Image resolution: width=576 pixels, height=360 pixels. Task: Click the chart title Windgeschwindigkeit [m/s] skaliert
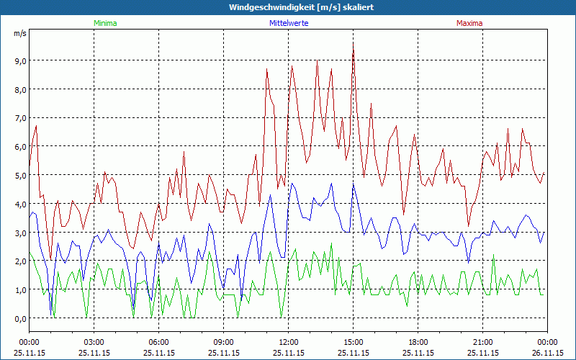tap(287, 7)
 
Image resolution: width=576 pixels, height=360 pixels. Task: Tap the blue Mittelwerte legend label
tap(288, 23)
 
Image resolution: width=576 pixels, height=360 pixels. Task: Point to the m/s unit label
tap(19, 33)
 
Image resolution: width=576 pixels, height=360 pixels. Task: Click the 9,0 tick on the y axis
tap(19, 60)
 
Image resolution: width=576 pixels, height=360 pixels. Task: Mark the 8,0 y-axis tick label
tap(19, 89)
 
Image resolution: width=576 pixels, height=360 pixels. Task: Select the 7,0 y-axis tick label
tap(19, 117)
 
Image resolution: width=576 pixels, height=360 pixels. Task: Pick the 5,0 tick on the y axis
tap(19, 175)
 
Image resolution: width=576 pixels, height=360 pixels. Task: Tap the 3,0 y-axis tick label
tap(19, 233)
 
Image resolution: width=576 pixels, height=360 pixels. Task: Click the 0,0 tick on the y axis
tap(19, 318)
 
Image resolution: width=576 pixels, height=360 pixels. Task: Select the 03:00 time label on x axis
tap(94, 343)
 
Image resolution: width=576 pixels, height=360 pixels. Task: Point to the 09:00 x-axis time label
tap(224, 343)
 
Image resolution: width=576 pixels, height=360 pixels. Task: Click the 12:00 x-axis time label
tap(289, 343)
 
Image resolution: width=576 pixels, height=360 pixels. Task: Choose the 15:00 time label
tap(354, 343)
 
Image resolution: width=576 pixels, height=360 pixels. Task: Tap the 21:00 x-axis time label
tap(483, 343)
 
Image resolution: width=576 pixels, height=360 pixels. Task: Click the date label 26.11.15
tap(547, 353)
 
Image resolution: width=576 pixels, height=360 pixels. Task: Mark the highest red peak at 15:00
tap(353, 43)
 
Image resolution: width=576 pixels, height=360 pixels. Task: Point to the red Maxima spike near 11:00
tap(267, 69)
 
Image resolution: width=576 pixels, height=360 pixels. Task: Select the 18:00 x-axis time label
tap(418, 343)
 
